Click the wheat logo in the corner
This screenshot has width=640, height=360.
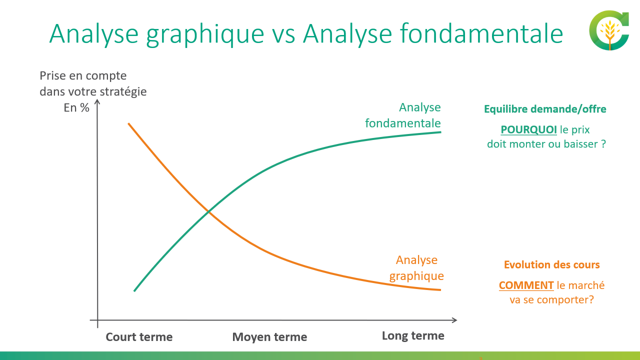coord(609,31)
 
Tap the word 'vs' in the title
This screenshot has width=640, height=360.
coord(283,34)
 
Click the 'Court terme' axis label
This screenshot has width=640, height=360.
coord(139,337)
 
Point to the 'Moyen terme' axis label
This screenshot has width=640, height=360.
coord(269,337)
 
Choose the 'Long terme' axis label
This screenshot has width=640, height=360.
coord(413,335)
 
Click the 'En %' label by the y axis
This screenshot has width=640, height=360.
coord(76,107)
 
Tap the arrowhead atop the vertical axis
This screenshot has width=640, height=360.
coord(97,102)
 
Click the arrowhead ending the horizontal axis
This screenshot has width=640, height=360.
coord(454,319)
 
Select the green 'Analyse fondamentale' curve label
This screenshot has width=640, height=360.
coord(403,115)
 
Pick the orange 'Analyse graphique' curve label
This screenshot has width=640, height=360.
coord(416,268)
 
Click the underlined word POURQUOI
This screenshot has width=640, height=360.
coord(528,130)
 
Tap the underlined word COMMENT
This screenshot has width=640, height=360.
coord(526,285)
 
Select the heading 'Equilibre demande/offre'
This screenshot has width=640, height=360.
coord(545,109)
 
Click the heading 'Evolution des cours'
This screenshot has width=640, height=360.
coord(551,265)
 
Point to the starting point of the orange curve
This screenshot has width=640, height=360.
coord(129,123)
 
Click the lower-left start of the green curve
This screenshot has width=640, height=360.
coord(134,290)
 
